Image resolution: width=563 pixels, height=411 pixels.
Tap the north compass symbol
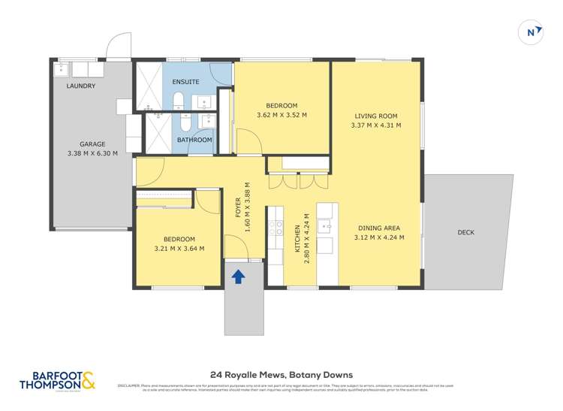point(531,32)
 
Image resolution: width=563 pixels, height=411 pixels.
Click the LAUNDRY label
point(81,86)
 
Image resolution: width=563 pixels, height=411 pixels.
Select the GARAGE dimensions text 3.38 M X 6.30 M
point(93,153)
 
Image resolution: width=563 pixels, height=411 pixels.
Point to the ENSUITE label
point(185,81)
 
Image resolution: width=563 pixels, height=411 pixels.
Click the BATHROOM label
point(194,140)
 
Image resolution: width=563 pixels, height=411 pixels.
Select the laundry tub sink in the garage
point(62,71)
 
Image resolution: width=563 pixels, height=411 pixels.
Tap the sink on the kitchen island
point(324,225)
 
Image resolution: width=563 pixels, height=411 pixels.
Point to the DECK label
point(466,232)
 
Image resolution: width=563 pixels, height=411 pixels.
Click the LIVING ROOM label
point(376,116)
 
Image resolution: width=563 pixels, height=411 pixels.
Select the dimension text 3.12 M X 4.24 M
point(379,237)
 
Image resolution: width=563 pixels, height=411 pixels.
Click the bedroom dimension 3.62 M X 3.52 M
point(281,115)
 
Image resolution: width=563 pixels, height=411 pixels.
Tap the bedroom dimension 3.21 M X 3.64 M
point(179,249)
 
